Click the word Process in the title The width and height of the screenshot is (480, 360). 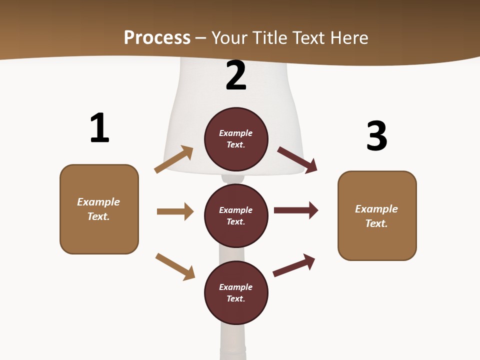tap(157, 37)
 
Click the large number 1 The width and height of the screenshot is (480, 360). tap(99, 128)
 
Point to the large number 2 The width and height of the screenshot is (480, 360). tap(236, 75)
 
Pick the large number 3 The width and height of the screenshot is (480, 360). tap(376, 136)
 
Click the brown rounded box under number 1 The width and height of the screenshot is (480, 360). tap(99, 209)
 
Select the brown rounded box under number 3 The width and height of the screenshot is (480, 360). tap(377, 216)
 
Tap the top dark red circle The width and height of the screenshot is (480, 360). tap(236, 139)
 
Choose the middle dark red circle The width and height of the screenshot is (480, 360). tap(236, 215)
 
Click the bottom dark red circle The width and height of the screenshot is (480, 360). tap(236, 292)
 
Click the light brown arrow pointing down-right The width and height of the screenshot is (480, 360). tap(175, 266)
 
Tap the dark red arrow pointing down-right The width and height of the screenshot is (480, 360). tap(297, 159)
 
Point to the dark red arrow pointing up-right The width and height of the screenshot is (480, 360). tap(294, 265)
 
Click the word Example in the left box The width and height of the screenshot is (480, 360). tap(98, 202)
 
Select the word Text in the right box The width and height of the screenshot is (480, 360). tap(375, 223)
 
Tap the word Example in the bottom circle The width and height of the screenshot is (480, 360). tap(236, 287)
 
